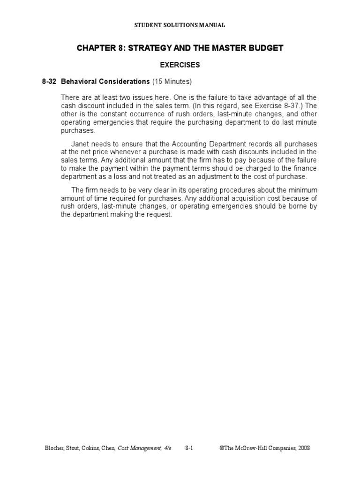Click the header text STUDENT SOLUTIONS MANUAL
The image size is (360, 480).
pyautogui.click(x=180, y=25)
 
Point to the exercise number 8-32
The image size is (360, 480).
pyautogui.click(x=49, y=82)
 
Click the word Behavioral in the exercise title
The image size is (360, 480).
pyautogui.click(x=80, y=82)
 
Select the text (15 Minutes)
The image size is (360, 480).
pyautogui.click(x=172, y=82)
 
